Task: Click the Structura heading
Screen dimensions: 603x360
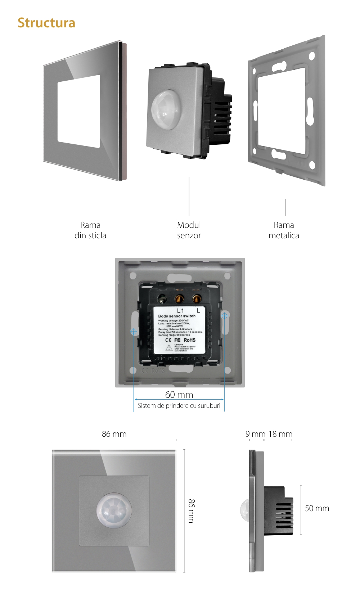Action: [x=46, y=23]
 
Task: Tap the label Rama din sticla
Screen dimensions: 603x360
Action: [x=90, y=230]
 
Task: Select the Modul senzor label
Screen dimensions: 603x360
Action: [x=189, y=230]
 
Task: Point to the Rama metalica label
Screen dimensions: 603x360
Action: [x=284, y=230]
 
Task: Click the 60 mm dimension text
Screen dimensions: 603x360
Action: [x=179, y=395]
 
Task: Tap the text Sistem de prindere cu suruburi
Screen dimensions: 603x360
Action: [x=179, y=406]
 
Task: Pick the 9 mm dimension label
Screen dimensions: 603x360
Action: [x=255, y=434]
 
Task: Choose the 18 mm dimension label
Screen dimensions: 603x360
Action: [x=280, y=434]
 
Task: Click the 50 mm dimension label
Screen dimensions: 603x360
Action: [x=317, y=508]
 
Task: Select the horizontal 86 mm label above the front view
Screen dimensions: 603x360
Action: [x=114, y=434]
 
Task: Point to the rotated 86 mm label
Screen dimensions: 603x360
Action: [x=191, y=511]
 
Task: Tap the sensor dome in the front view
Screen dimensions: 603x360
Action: [x=114, y=510]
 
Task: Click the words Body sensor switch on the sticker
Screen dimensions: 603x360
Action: [x=177, y=316]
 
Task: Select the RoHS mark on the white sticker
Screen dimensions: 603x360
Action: [x=190, y=340]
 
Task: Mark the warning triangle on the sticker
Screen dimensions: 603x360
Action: [x=169, y=348]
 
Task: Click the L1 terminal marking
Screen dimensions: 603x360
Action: [x=180, y=310]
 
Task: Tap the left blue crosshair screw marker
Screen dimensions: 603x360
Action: [x=134, y=332]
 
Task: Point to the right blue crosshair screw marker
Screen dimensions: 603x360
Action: [x=224, y=316]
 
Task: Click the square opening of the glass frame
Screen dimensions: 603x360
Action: [x=79, y=112]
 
